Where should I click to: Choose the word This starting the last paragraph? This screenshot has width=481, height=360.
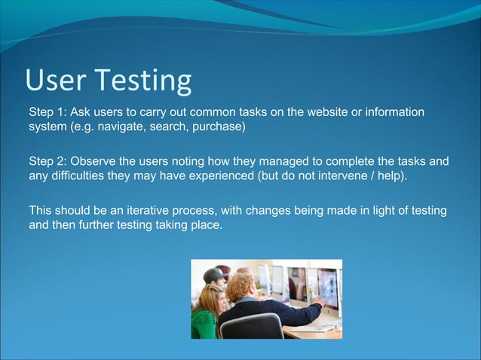pos(41,209)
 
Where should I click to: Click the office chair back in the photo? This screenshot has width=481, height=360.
pos(252,326)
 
